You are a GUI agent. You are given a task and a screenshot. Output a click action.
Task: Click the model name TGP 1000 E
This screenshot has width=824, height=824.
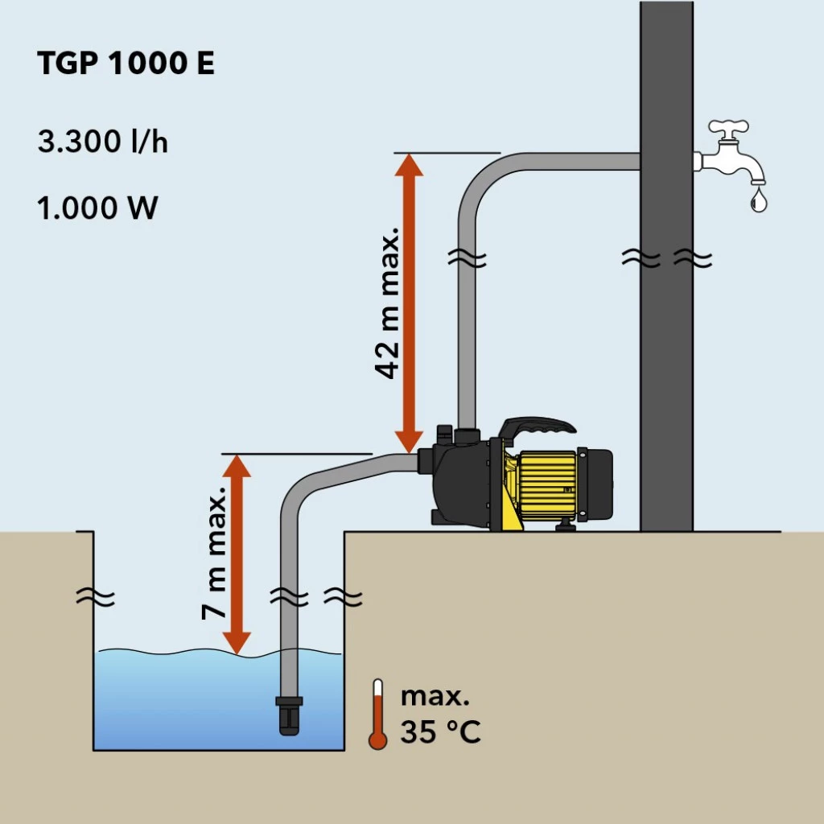click(x=126, y=64)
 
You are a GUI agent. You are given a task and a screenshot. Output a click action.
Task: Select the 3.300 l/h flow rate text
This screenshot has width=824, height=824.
click(x=102, y=142)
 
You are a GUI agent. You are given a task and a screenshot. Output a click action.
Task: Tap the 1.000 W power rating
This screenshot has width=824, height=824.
click(x=97, y=208)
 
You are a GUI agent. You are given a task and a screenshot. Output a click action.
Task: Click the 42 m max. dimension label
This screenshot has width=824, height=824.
click(x=388, y=302)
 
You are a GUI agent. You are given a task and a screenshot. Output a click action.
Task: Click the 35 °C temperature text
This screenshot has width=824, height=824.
click(x=440, y=733)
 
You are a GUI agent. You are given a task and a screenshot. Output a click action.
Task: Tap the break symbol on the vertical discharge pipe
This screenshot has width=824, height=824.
click(x=467, y=259)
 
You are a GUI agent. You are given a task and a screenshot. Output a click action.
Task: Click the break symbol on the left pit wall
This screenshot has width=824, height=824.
click(x=95, y=598)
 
